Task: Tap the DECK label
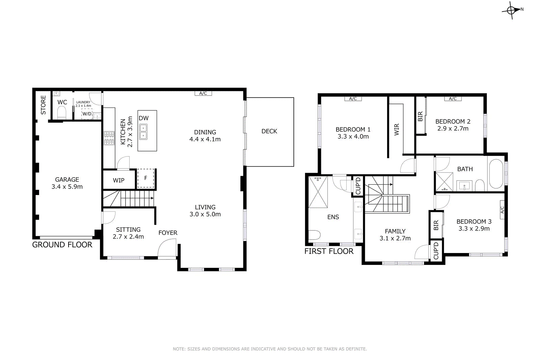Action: (269, 131)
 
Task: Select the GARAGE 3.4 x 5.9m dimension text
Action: (67, 187)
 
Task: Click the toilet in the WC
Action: (62, 112)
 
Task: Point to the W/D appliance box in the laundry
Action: (87, 114)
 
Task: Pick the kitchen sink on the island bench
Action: (143, 132)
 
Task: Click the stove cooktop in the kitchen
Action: (109, 138)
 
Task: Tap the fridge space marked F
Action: (145, 178)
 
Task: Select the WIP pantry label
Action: (118, 181)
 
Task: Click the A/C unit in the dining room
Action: (203, 93)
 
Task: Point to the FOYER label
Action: (168, 233)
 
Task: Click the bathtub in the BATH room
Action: (496, 173)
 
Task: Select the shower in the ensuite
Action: (318, 192)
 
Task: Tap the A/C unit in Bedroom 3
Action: (502, 210)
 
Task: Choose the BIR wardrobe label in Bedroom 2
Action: (420, 116)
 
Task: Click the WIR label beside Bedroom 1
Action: (397, 130)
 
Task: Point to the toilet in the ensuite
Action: (314, 235)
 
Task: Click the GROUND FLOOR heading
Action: (62, 245)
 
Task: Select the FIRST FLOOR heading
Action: (329, 251)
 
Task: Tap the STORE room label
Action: (43, 105)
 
